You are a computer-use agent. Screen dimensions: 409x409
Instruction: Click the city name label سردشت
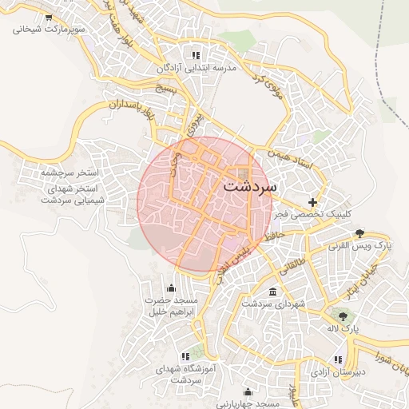[249, 186]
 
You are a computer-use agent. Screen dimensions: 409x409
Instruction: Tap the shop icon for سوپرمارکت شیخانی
[50, 17]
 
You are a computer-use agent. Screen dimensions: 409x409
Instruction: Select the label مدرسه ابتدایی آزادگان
[201, 69]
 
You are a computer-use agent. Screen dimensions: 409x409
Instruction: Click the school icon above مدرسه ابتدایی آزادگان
[195, 55]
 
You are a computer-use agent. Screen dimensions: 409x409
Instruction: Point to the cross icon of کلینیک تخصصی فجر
[312, 202]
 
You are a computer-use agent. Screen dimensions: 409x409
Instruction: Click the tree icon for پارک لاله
[343, 317]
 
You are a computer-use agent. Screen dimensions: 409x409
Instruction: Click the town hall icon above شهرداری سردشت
[273, 292]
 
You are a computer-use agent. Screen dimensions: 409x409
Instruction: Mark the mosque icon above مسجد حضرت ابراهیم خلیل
[170, 288]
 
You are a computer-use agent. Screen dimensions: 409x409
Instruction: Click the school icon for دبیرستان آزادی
[338, 359]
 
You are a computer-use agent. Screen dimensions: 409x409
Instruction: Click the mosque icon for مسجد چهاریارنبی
[248, 392]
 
